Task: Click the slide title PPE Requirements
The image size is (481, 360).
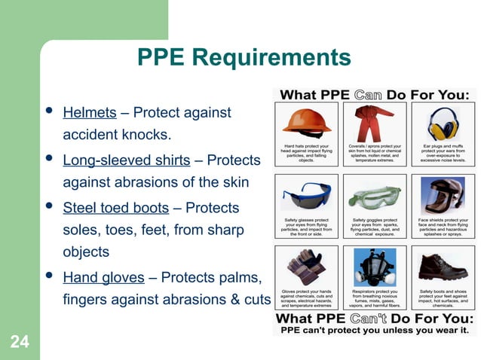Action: (x=245, y=58)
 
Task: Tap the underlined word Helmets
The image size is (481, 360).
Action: (x=89, y=114)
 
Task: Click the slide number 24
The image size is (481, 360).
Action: (x=20, y=343)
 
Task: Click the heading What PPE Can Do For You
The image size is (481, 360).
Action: (x=375, y=95)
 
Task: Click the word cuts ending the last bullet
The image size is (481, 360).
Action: (x=256, y=300)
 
